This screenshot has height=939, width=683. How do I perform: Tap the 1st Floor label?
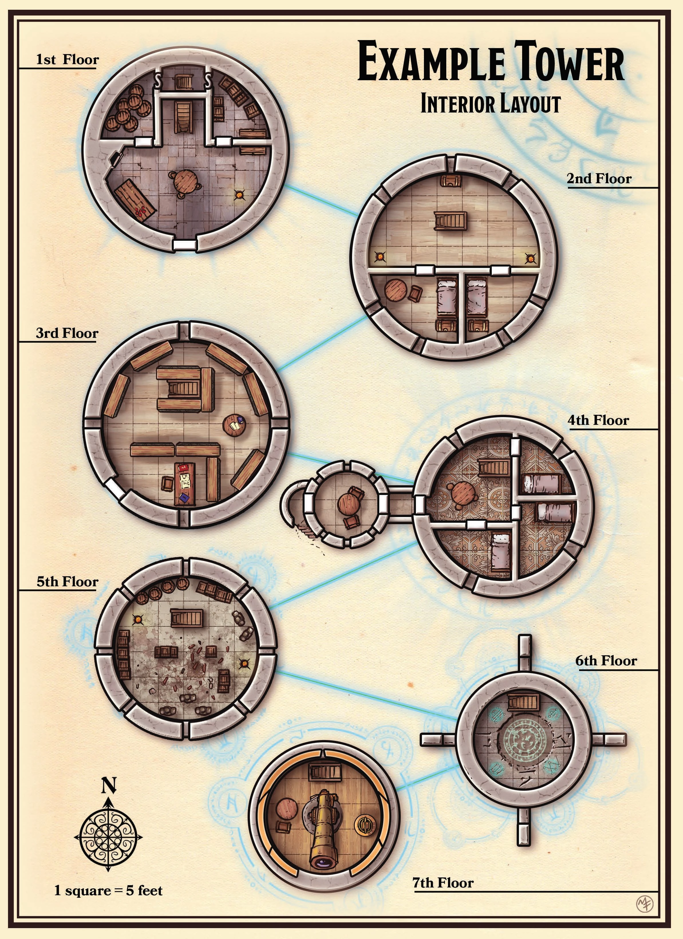67,60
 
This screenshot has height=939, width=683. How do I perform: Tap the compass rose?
108,836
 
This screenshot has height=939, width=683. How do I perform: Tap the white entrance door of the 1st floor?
184,245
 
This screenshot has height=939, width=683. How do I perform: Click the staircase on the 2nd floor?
450,220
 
